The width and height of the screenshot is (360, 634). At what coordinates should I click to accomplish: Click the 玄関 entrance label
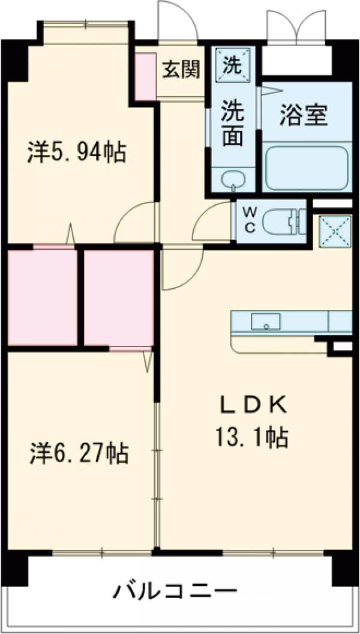pos(180,70)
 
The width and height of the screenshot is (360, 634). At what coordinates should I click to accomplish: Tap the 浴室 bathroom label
pos(305,114)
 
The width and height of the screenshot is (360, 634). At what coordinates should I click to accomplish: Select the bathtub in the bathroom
pos(307,168)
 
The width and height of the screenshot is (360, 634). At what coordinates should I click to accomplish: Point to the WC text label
pos(250,220)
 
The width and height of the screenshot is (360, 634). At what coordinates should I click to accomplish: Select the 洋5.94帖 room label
pos(76,152)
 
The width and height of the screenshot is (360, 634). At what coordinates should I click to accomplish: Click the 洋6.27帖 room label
pos(79,453)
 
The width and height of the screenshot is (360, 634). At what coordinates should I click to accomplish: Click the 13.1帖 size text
pos(251,437)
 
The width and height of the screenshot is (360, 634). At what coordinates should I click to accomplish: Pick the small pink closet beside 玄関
pos(145,77)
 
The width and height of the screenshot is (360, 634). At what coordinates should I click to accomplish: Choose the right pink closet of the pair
pos(119,297)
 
